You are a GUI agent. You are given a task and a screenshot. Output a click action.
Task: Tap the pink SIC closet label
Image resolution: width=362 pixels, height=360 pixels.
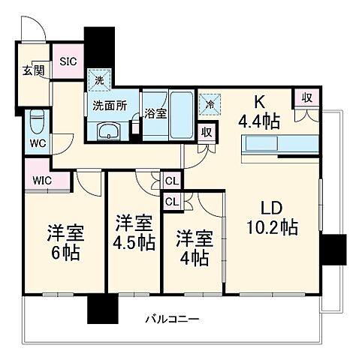68,61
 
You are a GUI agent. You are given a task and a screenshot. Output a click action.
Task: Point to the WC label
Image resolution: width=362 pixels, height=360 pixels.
37,141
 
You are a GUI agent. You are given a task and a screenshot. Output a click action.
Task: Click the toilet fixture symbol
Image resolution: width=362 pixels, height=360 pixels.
36,120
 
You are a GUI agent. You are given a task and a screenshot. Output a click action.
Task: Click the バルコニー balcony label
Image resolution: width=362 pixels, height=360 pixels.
172,321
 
